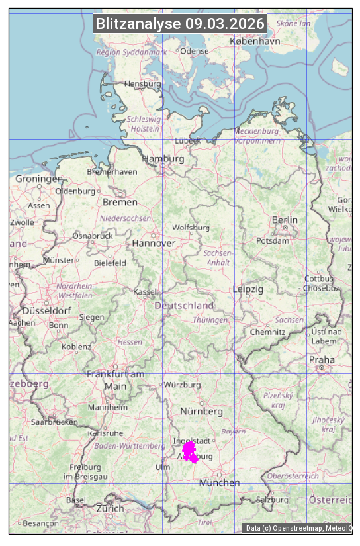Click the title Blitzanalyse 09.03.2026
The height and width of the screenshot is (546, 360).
(180, 24)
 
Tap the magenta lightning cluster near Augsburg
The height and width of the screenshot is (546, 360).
(190, 451)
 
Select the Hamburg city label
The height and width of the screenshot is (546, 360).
(163, 159)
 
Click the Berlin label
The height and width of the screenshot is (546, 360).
(285, 220)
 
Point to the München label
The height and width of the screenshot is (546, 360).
(219, 483)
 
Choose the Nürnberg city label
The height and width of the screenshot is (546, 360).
(201, 411)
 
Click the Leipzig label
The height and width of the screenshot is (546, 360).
(248, 289)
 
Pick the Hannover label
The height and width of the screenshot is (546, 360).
(154, 243)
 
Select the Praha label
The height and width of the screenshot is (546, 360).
(322, 360)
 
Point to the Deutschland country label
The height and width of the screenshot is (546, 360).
(184, 306)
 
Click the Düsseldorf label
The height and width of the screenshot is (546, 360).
(46, 311)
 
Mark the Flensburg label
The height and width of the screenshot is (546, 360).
(142, 84)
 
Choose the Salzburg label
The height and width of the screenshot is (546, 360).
(273, 500)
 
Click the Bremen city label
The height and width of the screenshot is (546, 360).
(120, 202)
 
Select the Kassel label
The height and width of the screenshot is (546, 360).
(144, 292)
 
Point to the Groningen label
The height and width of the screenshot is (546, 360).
(39, 179)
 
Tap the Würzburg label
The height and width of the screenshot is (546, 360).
(183, 385)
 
